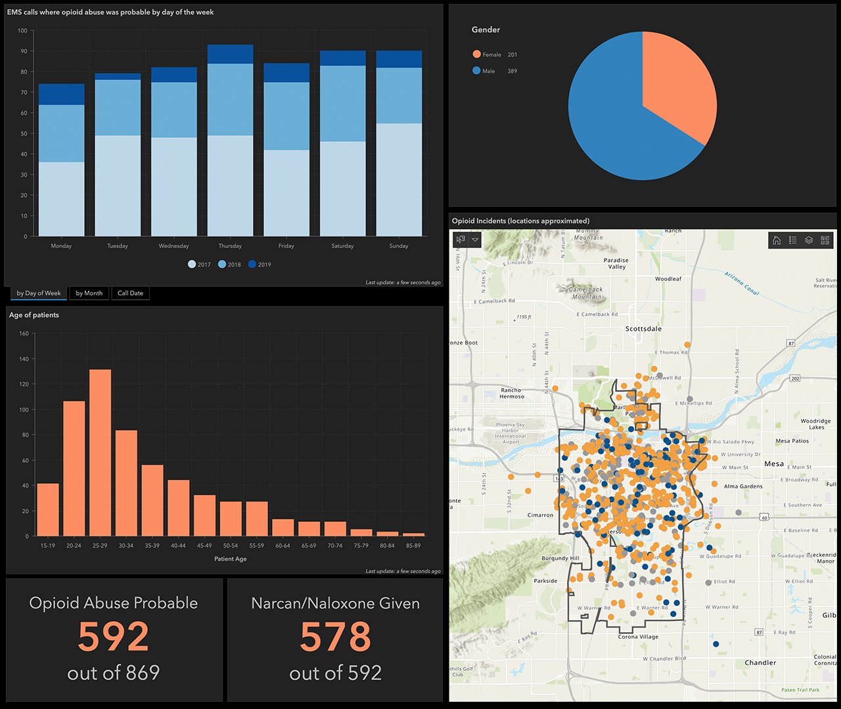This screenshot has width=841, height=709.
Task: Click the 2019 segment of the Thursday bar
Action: pyautogui.click(x=230, y=54)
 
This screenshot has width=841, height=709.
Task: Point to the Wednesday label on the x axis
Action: pyautogui.click(x=173, y=246)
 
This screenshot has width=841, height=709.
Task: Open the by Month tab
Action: pyautogui.click(x=89, y=293)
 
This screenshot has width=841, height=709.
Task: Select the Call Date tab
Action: pyautogui.click(x=130, y=293)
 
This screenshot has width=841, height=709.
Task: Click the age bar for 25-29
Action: pyautogui.click(x=100, y=453)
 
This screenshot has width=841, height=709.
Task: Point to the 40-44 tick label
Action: pyautogui.click(x=178, y=546)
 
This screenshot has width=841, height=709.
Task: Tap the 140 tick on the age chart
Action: pyautogui.click(x=24, y=359)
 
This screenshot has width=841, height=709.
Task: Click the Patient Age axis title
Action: pyautogui.click(x=230, y=559)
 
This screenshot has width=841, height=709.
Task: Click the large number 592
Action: pyautogui.click(x=114, y=637)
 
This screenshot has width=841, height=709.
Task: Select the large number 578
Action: pyautogui.click(x=335, y=637)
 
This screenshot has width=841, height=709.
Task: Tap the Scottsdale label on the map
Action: pyautogui.click(x=643, y=329)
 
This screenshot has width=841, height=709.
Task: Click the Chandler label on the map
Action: pyautogui.click(x=760, y=663)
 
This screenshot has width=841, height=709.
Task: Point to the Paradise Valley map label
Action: pyautogui.click(x=616, y=264)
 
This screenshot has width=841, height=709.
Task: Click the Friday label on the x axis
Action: pyautogui.click(x=286, y=246)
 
